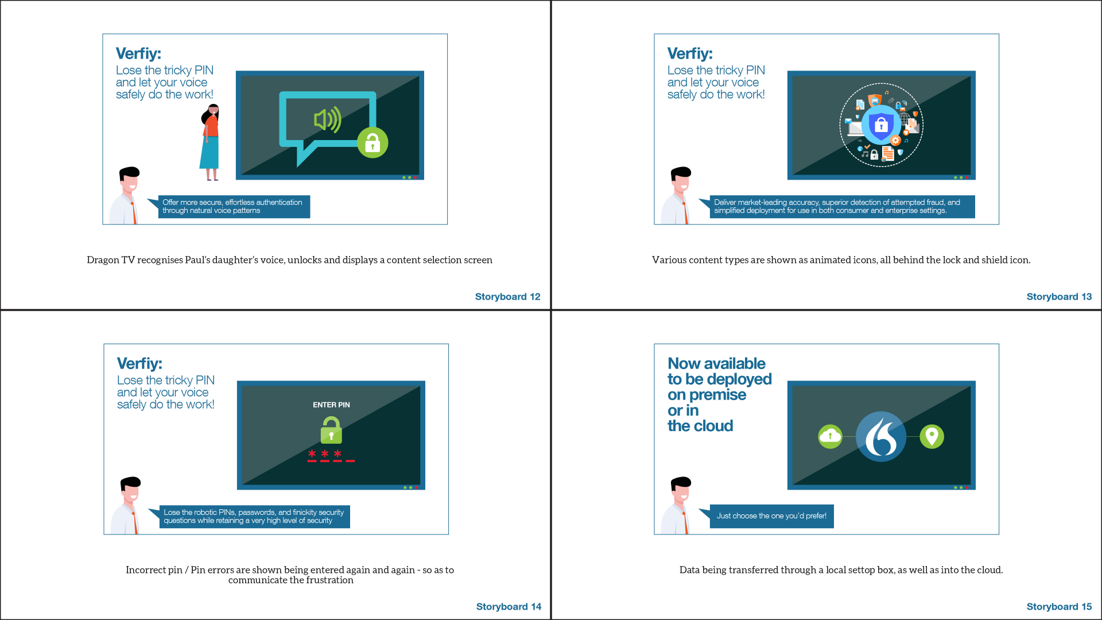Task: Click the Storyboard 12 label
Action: coord(507,297)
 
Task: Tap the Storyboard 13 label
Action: coord(1059,297)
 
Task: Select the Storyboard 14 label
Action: coord(509,607)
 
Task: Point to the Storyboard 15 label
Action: coord(1059,607)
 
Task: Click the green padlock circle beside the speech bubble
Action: coord(372,142)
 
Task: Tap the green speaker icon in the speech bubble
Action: coord(328,119)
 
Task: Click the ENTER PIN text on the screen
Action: coord(331,405)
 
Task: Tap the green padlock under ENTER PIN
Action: coord(331,430)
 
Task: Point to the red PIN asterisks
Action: coord(331,455)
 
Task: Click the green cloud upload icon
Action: coord(830,437)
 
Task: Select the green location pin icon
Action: coord(932,437)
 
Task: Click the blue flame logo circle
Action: coord(881,437)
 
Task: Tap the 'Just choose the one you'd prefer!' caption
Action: coord(771,516)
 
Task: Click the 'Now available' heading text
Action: coord(716,363)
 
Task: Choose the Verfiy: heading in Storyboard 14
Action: coord(139,363)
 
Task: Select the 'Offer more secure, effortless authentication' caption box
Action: coord(234,207)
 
